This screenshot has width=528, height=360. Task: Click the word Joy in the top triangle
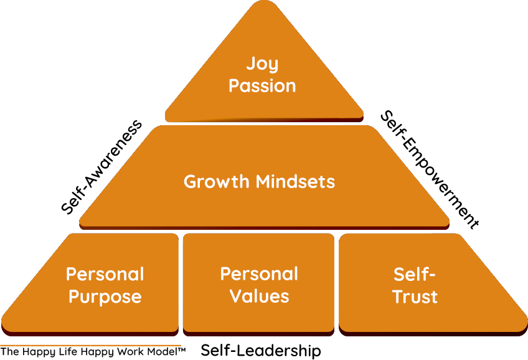[262, 64]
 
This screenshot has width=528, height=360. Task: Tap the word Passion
[262, 85]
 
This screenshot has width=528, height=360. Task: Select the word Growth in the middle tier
[217, 182]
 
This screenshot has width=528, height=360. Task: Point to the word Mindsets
[296, 182]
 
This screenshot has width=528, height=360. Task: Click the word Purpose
[105, 296]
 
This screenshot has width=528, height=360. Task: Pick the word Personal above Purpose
[105, 275]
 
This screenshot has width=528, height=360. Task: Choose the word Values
[259, 296]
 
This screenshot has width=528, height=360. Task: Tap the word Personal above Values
[259, 274]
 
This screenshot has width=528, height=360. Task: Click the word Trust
[415, 296]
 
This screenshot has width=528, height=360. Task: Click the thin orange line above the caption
[90, 344]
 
